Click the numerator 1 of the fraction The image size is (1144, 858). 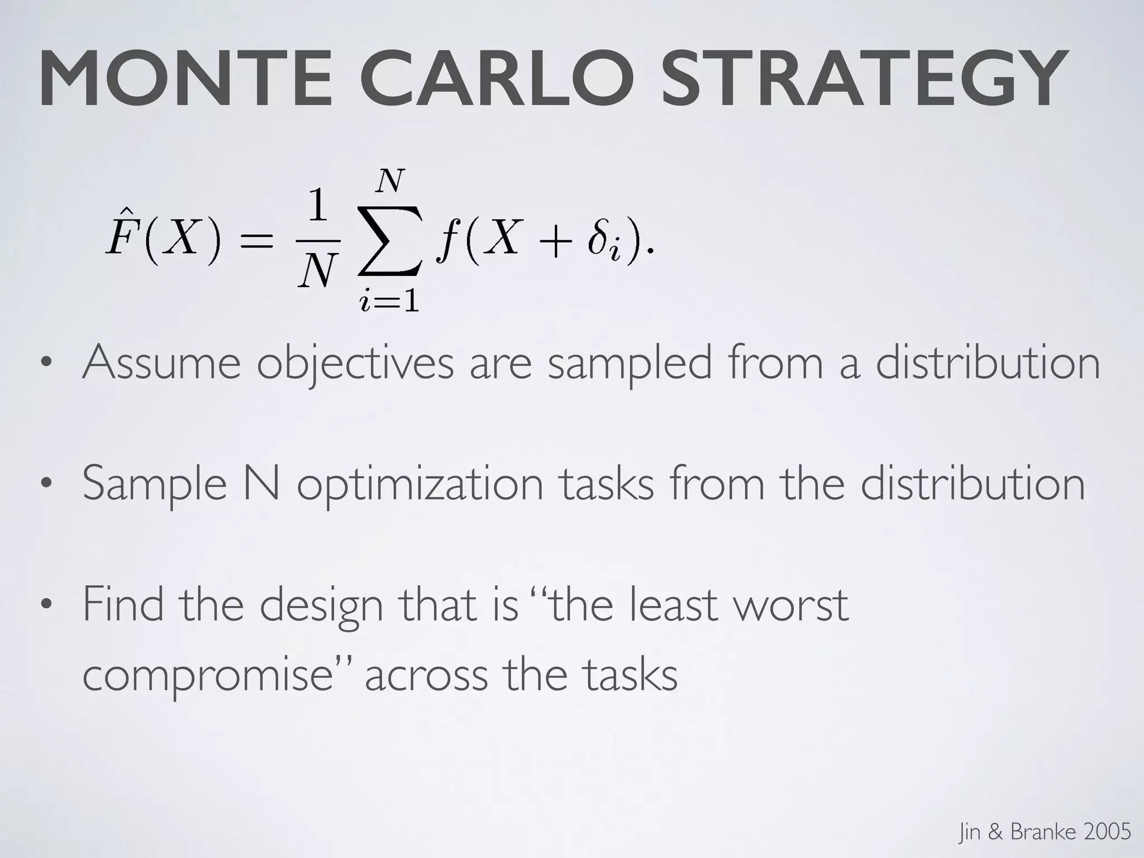pos(318,207)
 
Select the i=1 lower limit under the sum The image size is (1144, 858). pos(389,302)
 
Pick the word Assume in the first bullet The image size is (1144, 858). pos(161,363)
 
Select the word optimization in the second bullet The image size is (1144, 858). pos(420,485)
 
